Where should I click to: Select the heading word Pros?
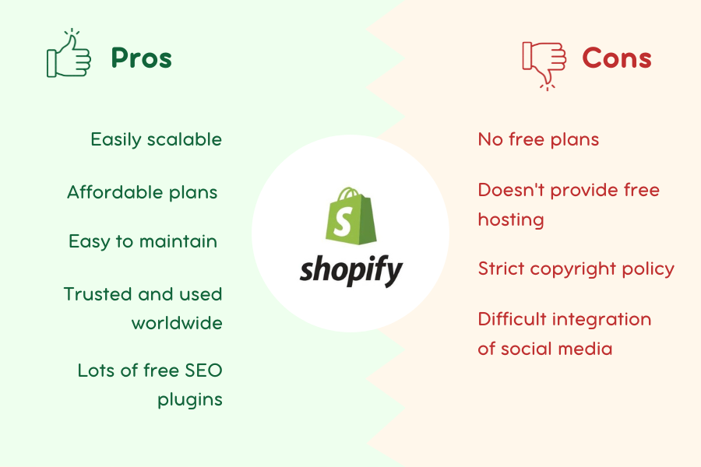tap(141, 58)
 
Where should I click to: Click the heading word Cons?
tap(617, 58)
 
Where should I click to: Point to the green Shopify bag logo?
tap(351, 216)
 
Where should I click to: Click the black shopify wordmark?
tap(351, 270)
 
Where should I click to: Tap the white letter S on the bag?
tap(343, 222)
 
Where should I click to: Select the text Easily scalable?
tap(156, 140)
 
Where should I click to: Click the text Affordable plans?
tap(143, 192)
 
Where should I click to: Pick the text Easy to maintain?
tap(143, 241)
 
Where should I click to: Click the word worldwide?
tap(177, 323)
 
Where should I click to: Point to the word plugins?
tap(189, 400)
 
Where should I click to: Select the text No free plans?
tap(538, 139)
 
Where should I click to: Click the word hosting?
tap(510, 219)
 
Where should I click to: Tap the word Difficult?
tap(513, 319)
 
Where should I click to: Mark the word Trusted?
tap(97, 294)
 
